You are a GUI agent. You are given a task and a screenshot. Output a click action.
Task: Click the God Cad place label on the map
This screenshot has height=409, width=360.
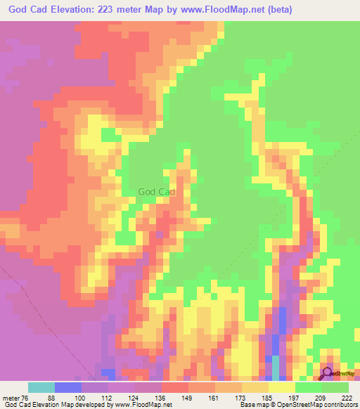[156, 191]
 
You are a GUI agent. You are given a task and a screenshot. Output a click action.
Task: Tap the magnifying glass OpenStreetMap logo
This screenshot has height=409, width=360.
[328, 372]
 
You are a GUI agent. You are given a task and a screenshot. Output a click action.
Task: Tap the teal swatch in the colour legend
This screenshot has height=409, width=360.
[41, 387]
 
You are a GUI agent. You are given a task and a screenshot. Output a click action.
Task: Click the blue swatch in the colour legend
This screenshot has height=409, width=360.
[68, 387]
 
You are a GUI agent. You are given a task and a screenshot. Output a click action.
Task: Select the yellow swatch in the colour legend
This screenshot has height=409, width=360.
[282, 387]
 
